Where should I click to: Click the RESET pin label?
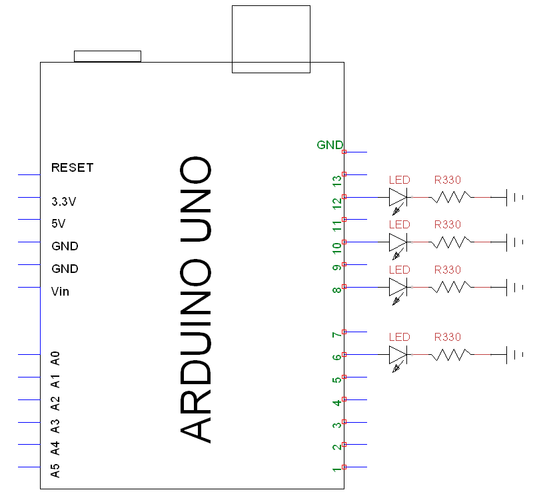click(72, 168)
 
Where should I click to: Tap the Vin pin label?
click(60, 292)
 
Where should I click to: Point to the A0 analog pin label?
click(56, 358)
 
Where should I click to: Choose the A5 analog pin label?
click(56, 470)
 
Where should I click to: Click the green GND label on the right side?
click(330, 144)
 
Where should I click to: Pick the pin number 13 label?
click(336, 180)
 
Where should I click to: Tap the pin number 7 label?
click(336, 335)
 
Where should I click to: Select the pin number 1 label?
click(336, 470)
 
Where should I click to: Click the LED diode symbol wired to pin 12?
click(398, 197)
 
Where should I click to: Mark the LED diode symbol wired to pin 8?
click(398, 287)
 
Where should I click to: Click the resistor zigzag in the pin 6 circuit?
click(452, 355)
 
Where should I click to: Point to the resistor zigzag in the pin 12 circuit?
click(452, 197)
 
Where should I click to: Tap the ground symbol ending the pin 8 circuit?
click(514, 288)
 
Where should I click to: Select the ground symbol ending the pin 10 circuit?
click(514, 242)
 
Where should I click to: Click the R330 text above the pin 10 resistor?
click(447, 224)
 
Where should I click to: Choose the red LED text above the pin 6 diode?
click(399, 337)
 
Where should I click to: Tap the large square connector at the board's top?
click(271, 39)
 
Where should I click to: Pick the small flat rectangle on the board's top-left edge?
click(107, 56)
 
